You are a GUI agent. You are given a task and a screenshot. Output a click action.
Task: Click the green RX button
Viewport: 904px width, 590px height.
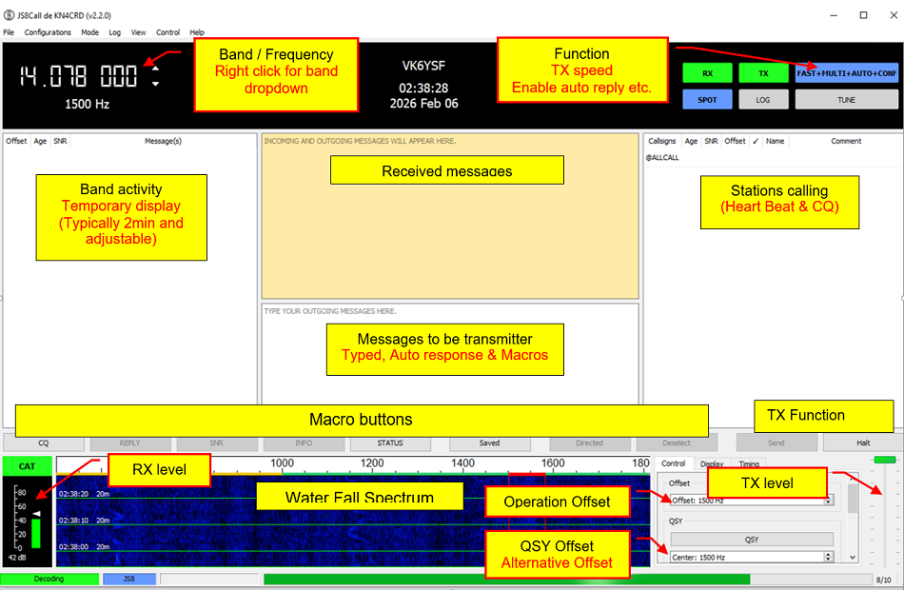707,73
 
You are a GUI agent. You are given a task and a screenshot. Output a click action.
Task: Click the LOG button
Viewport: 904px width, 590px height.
763,99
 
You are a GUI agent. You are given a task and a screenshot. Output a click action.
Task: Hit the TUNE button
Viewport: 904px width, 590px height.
846,99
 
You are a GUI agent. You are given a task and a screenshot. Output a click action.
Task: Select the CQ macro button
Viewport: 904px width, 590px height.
43,442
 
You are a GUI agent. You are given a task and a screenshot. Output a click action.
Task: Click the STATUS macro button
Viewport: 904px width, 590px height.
389,442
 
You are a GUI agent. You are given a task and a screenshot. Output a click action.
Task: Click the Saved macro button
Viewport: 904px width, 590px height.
489,442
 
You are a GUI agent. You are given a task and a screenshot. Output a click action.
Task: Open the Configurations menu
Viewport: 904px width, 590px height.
48,32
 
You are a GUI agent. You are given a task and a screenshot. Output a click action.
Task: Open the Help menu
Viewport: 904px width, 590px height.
197,32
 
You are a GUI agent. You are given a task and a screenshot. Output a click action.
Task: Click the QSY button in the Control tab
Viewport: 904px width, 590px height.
752,539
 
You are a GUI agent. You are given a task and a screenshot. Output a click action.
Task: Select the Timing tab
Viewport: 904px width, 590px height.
749,464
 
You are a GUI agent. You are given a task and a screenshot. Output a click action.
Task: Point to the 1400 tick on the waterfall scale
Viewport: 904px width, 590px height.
462,463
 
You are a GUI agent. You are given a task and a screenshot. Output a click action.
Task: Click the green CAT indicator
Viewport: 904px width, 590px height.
28,466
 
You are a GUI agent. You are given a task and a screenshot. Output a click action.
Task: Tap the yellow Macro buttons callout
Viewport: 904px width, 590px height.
362,420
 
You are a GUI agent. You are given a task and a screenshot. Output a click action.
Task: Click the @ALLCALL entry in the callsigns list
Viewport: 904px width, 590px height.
662,157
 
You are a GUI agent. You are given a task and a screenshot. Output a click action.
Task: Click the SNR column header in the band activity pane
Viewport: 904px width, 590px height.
60,141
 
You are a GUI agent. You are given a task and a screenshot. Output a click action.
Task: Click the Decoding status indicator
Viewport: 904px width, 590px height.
49,579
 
